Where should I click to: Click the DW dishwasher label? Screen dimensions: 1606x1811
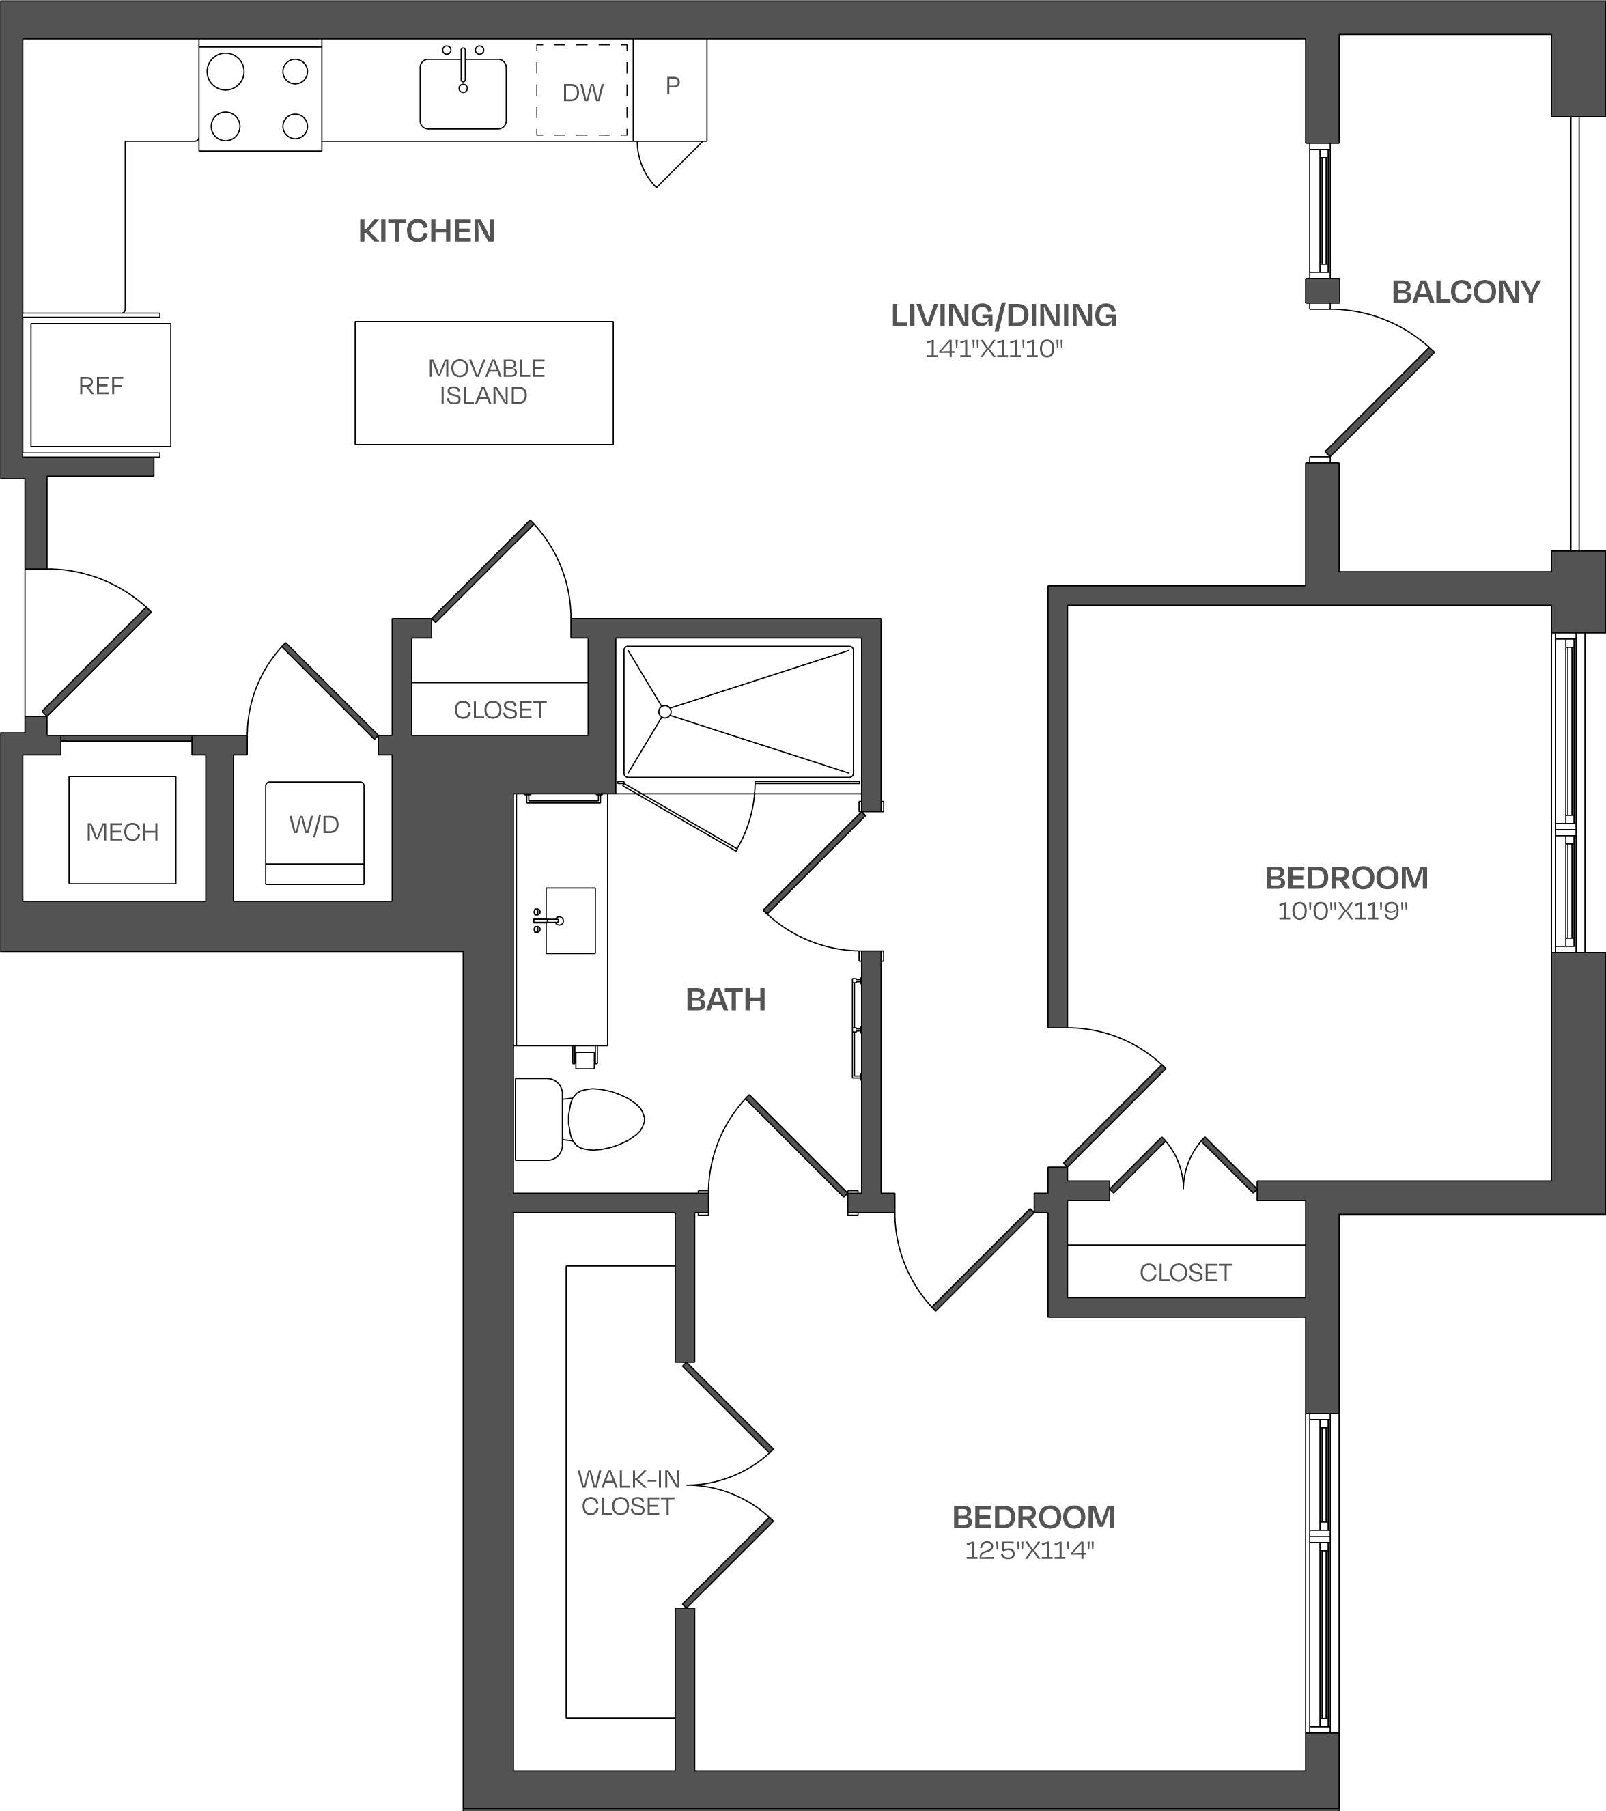(x=583, y=93)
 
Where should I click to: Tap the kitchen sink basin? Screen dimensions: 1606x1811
(x=462, y=94)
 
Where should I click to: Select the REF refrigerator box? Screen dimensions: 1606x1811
(x=100, y=384)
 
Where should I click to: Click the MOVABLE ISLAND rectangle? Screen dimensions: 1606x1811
(x=483, y=383)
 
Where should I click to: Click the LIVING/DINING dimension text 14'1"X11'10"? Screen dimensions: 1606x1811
(x=994, y=349)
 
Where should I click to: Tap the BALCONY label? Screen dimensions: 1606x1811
(x=1466, y=292)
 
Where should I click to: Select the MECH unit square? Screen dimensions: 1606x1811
(x=122, y=830)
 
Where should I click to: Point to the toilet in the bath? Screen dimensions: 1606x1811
(x=580, y=1119)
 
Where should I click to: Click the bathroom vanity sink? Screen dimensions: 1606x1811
(x=569, y=921)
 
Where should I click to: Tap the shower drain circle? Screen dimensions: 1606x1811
(x=664, y=712)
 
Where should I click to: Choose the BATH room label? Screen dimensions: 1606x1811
(x=725, y=1000)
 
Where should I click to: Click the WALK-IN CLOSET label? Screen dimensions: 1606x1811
(x=628, y=1492)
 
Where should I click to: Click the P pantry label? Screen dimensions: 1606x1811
(x=673, y=86)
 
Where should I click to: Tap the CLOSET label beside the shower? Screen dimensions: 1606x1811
(x=500, y=710)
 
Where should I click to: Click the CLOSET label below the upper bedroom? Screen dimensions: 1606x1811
(x=1185, y=1272)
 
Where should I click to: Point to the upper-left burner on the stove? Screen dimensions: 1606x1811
(x=225, y=72)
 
